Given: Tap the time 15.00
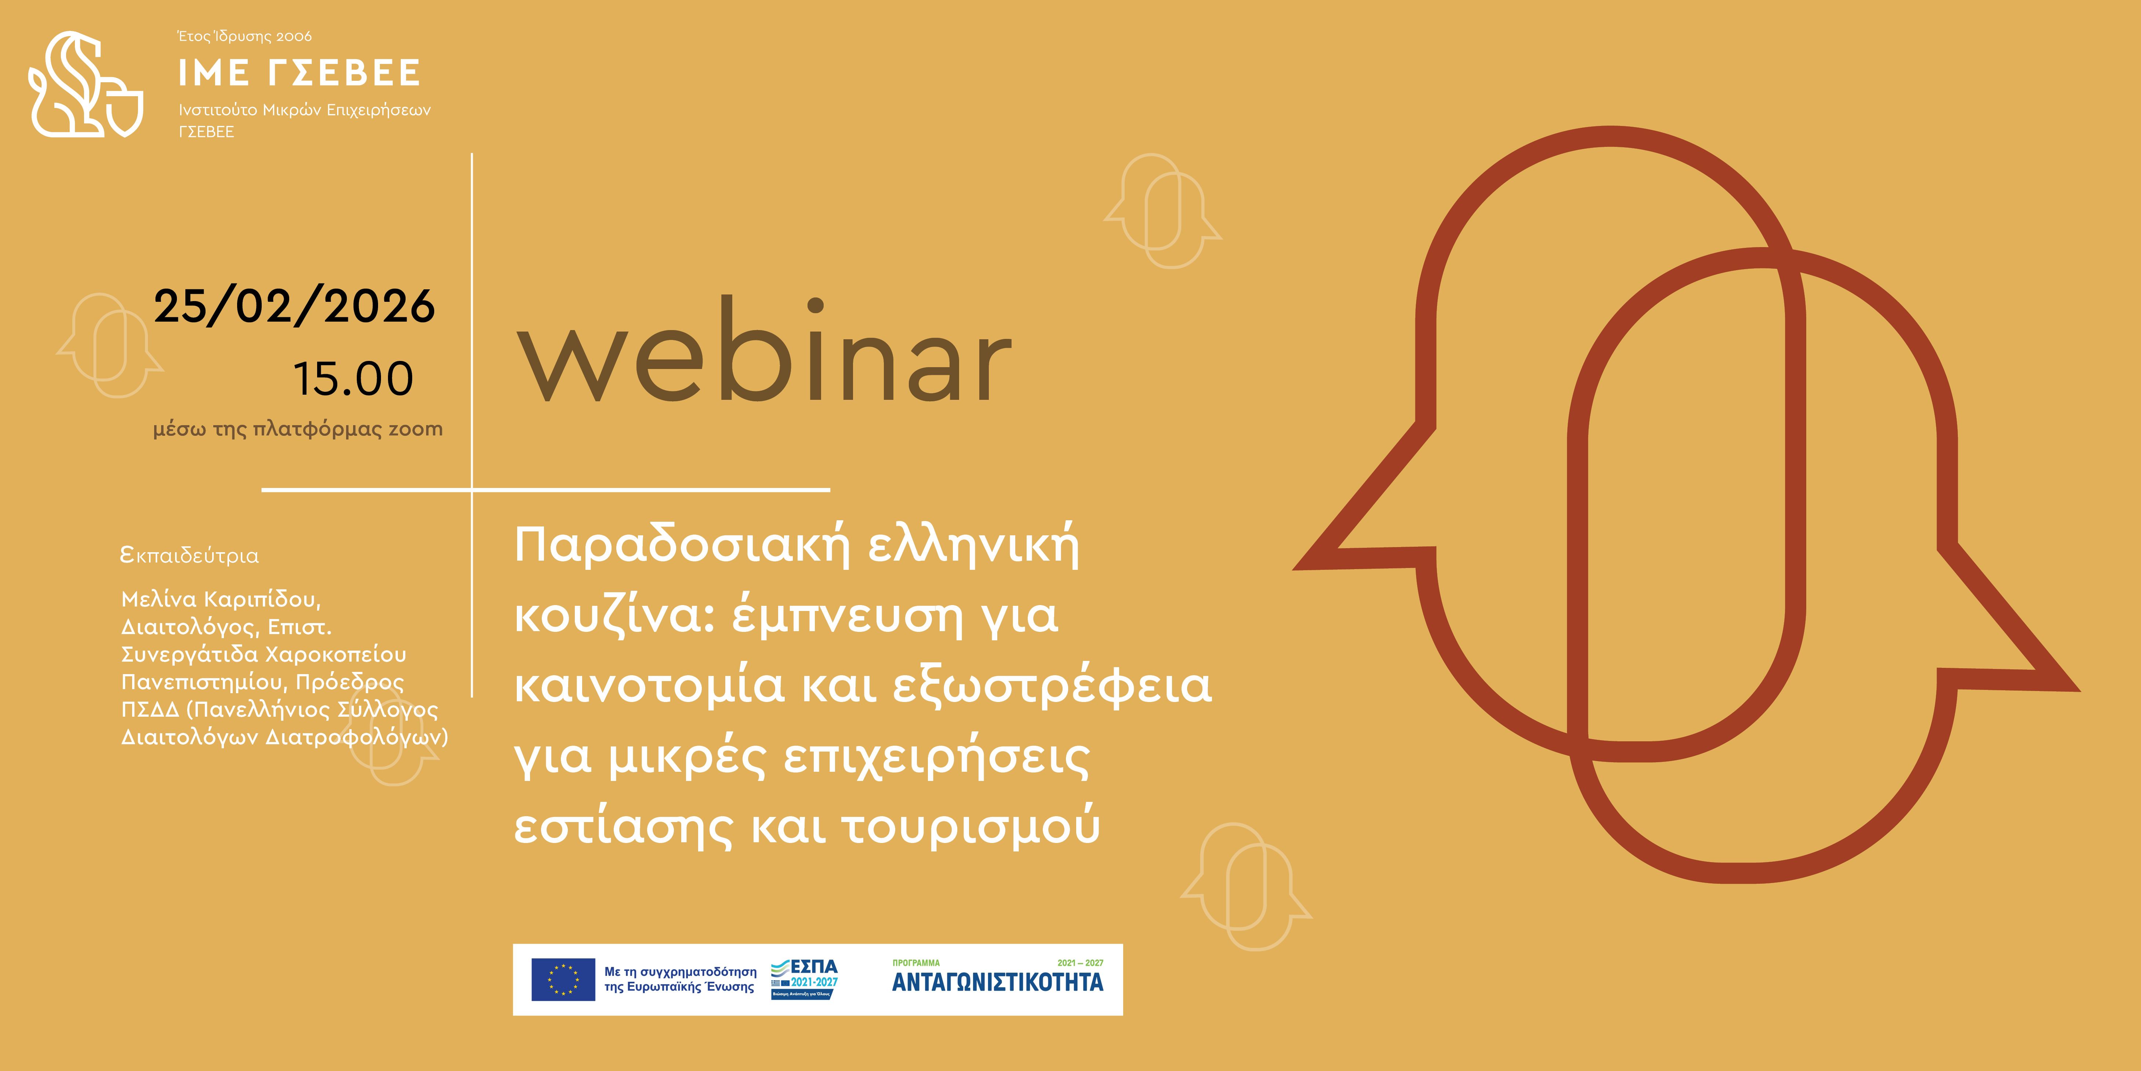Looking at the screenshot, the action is click(x=353, y=379).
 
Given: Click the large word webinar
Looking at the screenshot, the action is click(x=765, y=350).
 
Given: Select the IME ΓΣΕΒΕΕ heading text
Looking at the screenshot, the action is click(x=299, y=73).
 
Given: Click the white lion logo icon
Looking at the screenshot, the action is click(x=86, y=84).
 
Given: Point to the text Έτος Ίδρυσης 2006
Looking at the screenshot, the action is click(x=245, y=37).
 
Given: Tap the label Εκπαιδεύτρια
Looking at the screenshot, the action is click(x=189, y=556).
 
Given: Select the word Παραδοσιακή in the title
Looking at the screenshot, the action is click(x=683, y=547).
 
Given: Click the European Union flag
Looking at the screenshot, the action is click(x=563, y=980).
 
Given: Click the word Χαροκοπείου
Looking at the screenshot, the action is click(x=336, y=654).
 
